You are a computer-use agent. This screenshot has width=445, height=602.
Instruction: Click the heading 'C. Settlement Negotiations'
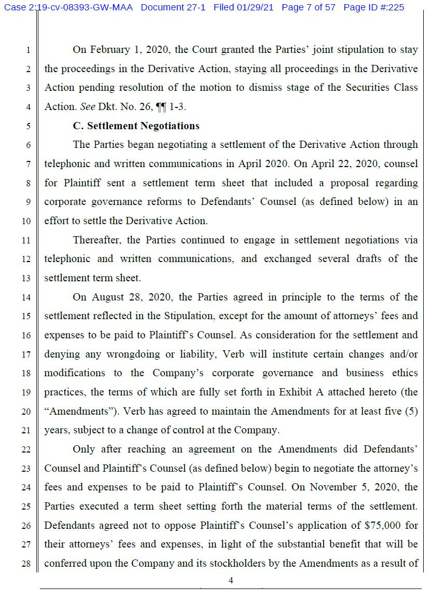[136, 126]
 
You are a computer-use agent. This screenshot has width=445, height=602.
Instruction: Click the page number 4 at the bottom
[231, 581]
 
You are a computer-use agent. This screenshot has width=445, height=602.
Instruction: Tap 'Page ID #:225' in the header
[373, 8]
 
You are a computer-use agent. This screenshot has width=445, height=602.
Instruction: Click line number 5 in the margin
[28, 126]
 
